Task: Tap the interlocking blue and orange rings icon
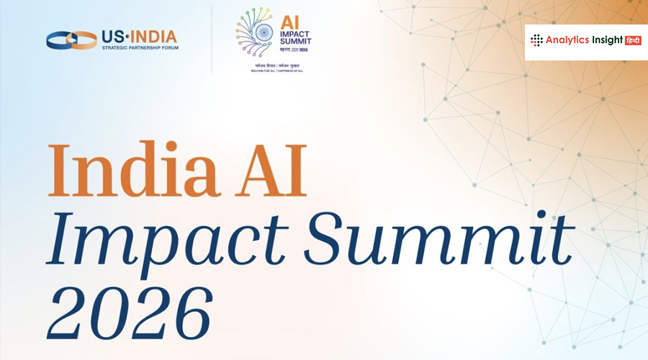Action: coord(71,40)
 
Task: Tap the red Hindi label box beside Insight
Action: coord(631,40)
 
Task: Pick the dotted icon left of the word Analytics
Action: coord(537,40)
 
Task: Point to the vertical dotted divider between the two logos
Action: coord(212,40)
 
